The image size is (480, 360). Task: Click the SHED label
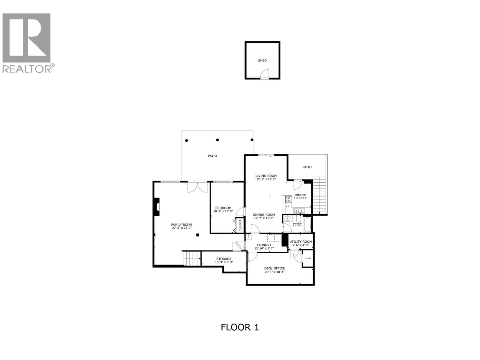tap(262, 61)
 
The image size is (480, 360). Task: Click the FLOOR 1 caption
tap(240, 327)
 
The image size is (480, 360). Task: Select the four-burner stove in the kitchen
tap(289, 199)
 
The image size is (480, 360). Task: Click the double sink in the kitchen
tap(299, 210)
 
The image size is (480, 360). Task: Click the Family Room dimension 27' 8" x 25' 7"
tap(182, 228)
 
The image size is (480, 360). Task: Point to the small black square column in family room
tap(197, 235)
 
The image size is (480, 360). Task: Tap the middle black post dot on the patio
tap(217, 140)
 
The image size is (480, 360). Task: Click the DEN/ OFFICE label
tap(274, 268)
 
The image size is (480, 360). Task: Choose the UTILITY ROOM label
tap(301, 241)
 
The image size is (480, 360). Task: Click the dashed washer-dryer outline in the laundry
tap(274, 238)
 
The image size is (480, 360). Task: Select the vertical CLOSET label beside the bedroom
tap(240, 225)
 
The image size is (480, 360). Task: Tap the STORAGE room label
tap(224, 259)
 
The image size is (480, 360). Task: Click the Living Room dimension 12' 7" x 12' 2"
tap(266, 179)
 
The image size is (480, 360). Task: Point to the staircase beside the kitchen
tap(319, 195)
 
